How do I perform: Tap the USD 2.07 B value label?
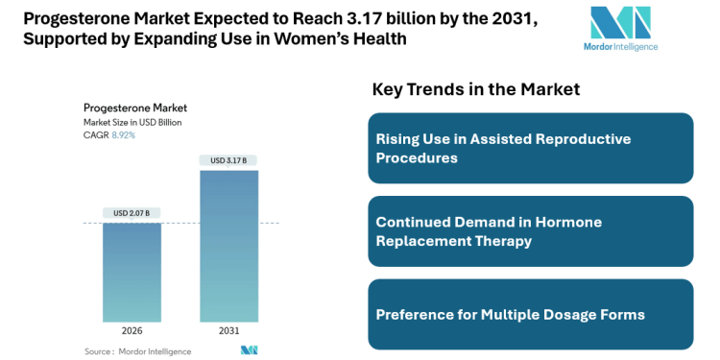[132, 212]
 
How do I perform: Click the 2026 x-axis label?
[132, 331]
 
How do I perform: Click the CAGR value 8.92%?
[124, 135]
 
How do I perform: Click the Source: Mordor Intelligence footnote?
[137, 351]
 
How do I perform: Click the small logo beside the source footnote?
[250, 350]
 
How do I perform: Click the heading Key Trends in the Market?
[475, 89]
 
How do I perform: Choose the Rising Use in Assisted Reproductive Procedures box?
[530, 148]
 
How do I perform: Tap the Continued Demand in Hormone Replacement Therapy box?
[530, 231]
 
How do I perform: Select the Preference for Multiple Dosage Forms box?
[530, 314]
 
